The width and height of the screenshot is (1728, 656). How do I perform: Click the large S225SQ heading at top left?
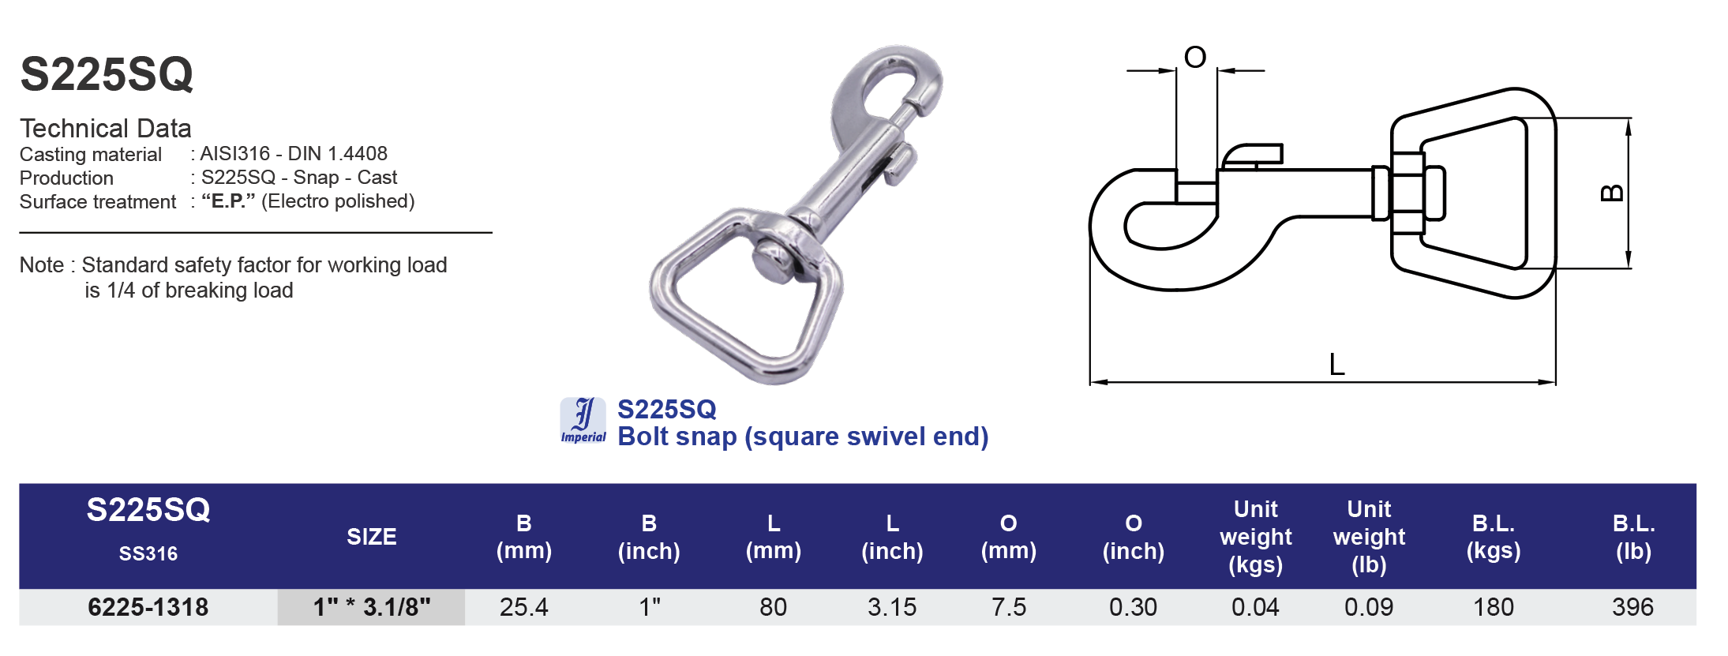(107, 75)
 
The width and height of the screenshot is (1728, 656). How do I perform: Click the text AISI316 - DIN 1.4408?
(293, 153)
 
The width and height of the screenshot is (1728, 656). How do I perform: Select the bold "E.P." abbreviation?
(228, 201)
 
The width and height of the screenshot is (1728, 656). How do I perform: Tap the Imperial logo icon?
(583, 421)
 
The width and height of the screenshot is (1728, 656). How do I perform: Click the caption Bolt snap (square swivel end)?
(802, 437)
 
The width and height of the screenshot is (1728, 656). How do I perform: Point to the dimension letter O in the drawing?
(1195, 57)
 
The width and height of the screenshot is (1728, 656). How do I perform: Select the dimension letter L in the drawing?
(1336, 365)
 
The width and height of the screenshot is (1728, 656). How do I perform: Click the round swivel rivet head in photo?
(773, 261)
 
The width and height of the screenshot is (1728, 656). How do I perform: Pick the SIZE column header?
(371, 537)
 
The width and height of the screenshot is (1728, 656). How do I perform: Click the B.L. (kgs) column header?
(1493, 537)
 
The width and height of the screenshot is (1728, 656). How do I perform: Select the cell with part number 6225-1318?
(148, 607)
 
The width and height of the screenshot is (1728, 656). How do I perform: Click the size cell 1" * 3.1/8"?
(371, 607)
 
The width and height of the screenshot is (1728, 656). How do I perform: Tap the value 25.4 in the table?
(523, 607)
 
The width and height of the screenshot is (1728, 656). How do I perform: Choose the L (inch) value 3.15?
(891, 607)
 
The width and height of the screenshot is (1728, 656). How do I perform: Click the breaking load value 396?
(1632, 607)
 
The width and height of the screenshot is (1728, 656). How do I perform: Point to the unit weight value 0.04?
(1254, 607)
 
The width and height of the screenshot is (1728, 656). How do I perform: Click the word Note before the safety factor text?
(41, 265)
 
